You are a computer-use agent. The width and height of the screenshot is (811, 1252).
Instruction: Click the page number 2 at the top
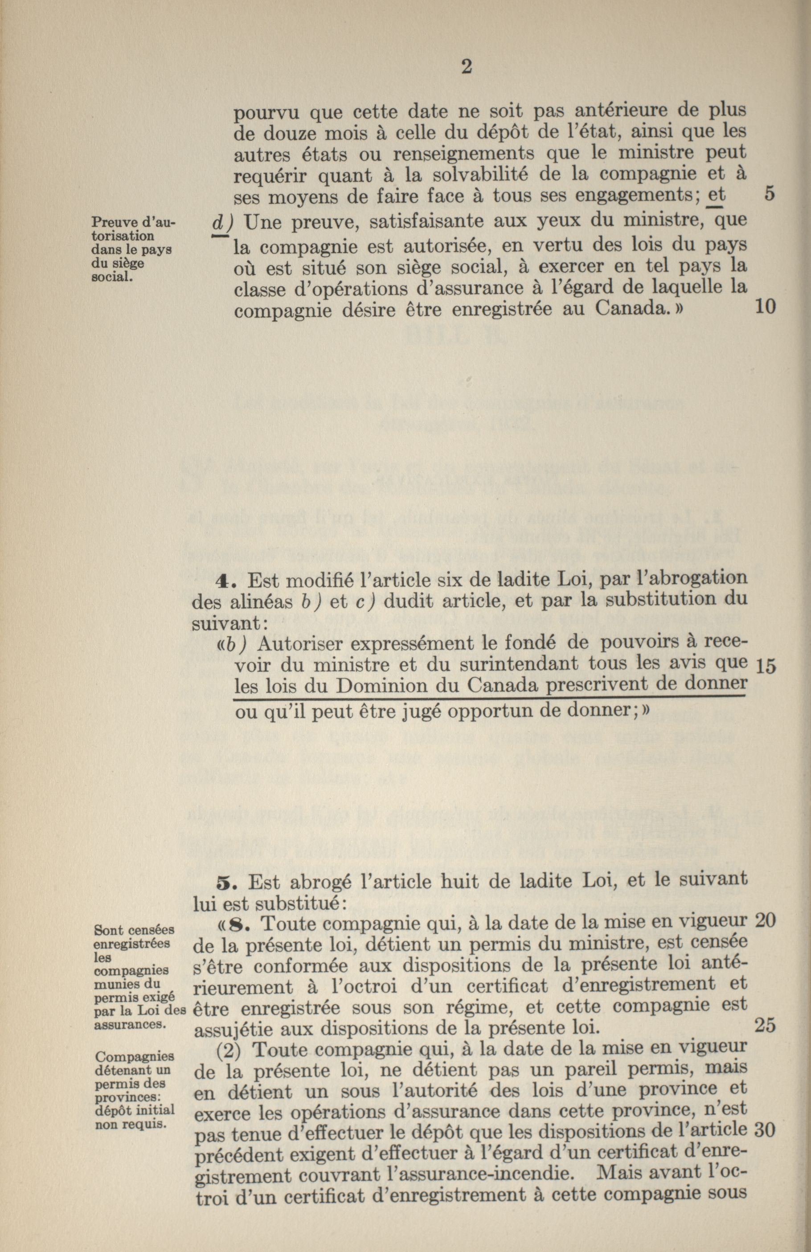tap(465, 68)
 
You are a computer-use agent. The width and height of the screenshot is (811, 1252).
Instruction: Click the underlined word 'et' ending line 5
tap(716, 195)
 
